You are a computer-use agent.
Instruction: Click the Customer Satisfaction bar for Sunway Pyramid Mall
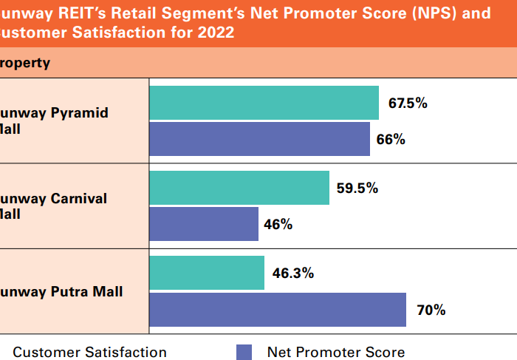tap(264, 103)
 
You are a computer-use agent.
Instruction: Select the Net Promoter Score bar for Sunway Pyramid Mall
tap(259, 139)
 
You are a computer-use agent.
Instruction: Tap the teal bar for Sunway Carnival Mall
tap(239, 188)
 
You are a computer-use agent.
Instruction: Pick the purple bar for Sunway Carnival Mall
tap(204, 224)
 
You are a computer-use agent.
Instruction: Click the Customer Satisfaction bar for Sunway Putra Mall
tap(207, 273)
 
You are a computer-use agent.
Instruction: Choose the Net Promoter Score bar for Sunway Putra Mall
tap(278, 310)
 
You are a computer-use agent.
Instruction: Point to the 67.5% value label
tap(408, 103)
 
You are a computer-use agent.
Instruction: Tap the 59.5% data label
tap(357, 188)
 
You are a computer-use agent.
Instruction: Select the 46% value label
tap(278, 224)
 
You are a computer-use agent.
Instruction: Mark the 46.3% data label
tap(293, 273)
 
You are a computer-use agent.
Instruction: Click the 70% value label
tap(431, 310)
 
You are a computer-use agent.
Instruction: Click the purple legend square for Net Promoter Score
tap(244, 353)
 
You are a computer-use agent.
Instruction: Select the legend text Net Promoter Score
tap(336, 353)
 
